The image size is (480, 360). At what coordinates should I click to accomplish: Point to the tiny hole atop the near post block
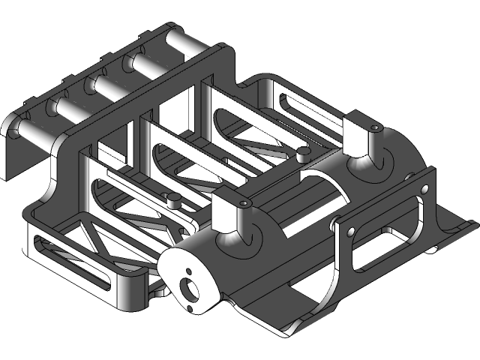click(244, 203)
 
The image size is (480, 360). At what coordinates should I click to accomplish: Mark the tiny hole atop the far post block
click(373, 128)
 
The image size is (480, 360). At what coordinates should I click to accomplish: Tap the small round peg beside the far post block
click(303, 153)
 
